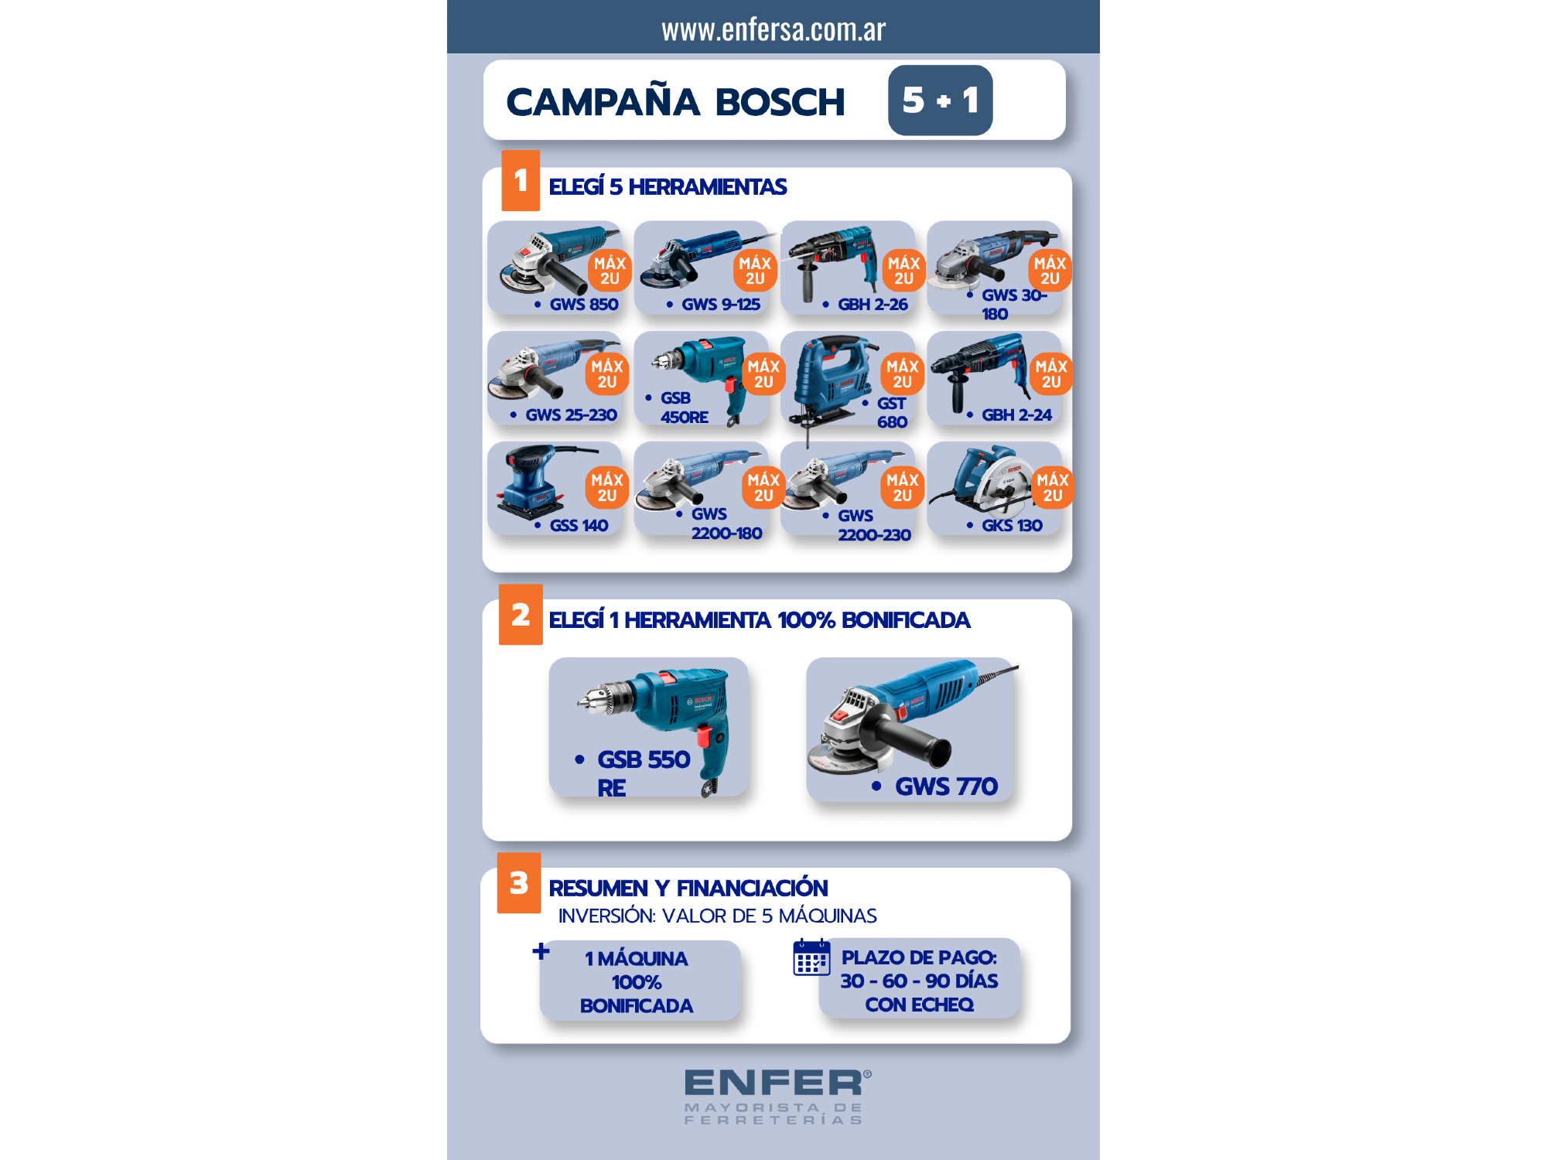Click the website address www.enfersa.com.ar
click(773, 29)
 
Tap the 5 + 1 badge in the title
click(940, 101)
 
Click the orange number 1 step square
click(521, 181)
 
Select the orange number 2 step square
click(521, 616)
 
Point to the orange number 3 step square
click(519, 883)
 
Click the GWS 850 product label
click(583, 305)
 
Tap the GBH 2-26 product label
click(873, 305)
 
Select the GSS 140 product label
click(579, 526)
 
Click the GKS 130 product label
click(1012, 526)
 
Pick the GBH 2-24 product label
click(1016, 415)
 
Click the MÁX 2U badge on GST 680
click(903, 374)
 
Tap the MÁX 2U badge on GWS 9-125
click(755, 271)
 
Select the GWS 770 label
click(946, 786)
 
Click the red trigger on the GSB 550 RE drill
click(704, 735)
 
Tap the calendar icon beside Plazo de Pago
click(811, 958)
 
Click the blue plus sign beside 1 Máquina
click(541, 951)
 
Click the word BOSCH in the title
click(780, 102)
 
